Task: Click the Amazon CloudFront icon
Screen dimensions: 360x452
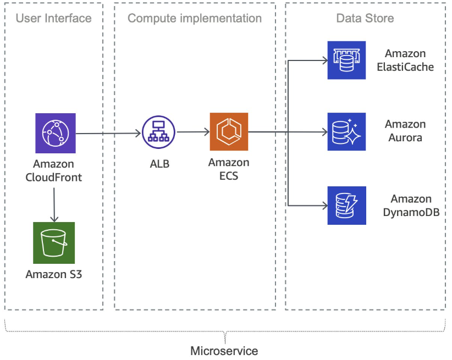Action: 54,133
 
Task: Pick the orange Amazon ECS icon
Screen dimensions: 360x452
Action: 229,132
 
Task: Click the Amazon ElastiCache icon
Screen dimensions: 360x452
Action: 346,60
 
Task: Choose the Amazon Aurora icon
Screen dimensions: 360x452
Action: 346,132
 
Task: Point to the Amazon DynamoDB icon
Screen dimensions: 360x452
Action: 346,206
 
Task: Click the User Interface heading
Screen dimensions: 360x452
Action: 53,18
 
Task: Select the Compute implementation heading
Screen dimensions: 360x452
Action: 195,18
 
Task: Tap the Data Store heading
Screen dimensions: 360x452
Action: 365,18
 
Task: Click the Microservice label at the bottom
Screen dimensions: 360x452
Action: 224,350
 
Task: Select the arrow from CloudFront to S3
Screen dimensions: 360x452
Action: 54,203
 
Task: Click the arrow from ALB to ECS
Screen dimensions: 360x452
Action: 192,132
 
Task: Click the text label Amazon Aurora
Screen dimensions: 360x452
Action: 405,131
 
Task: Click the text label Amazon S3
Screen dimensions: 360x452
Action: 53,274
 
